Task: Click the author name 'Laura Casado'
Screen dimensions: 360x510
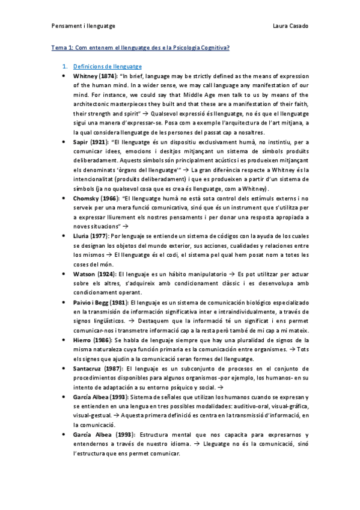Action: point(291,26)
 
